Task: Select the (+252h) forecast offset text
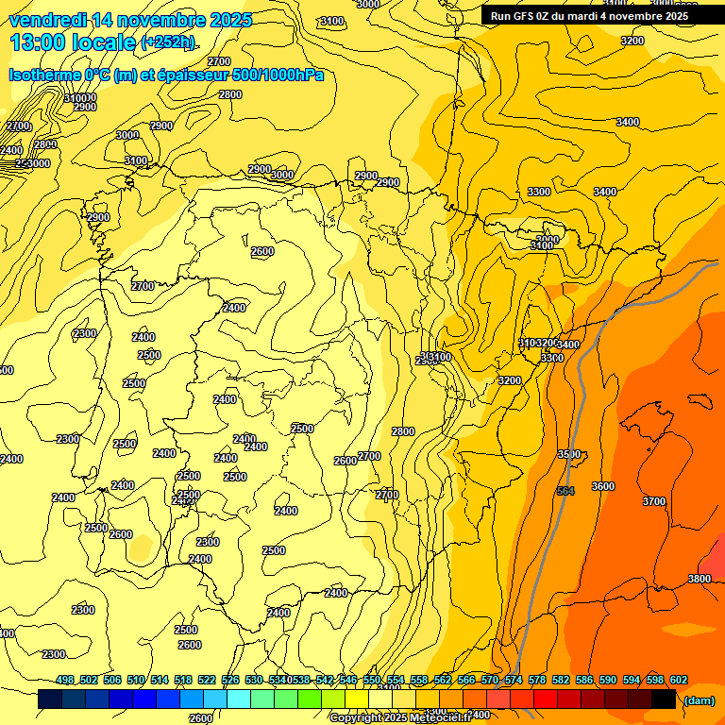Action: coord(168,42)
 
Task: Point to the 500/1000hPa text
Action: coord(274,75)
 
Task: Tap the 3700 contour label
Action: coord(653,501)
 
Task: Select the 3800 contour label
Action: coord(700,579)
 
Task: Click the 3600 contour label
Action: coord(602,486)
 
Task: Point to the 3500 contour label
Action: coord(568,455)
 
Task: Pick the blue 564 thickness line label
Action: coord(565,491)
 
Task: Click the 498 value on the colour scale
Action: coord(65,681)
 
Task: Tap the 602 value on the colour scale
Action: coord(678,681)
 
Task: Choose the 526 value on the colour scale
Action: coord(230,681)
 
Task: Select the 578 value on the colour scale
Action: coord(536,681)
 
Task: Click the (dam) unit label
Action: coord(698,700)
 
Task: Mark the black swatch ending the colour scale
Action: coord(664,700)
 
